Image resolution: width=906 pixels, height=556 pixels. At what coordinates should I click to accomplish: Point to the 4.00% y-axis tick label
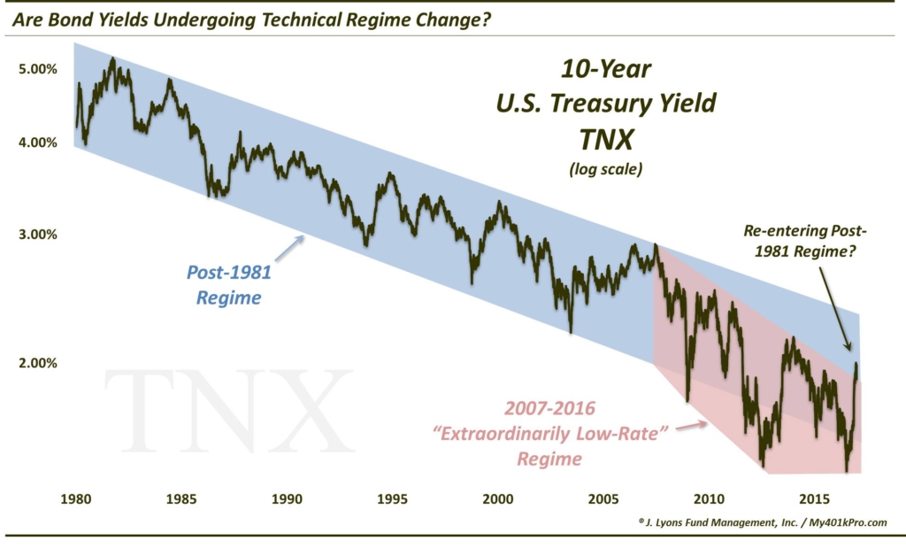coord(36,142)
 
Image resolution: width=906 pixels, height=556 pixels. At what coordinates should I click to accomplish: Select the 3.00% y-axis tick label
coord(36,235)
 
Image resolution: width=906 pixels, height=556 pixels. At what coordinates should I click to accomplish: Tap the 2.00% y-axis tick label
coord(36,363)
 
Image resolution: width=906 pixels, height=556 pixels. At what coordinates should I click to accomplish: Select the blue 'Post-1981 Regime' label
coord(229,285)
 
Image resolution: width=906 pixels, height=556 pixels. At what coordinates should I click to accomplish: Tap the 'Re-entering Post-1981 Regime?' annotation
coord(806,242)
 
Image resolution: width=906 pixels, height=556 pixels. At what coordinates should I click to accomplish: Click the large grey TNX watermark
coord(228,410)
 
